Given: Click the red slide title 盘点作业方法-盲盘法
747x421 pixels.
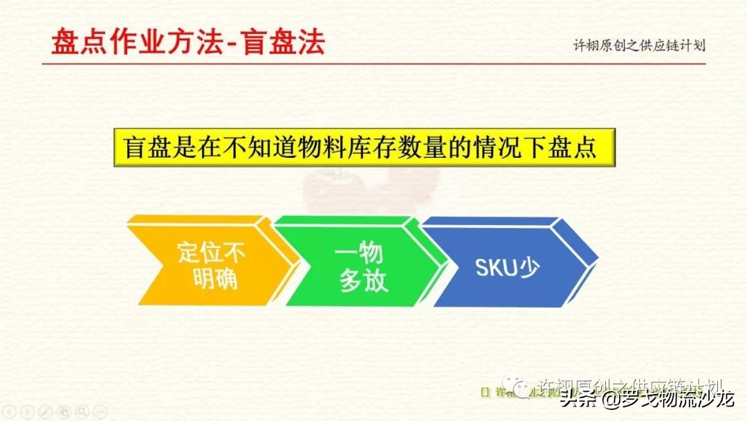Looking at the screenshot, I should pyautogui.click(x=187, y=43).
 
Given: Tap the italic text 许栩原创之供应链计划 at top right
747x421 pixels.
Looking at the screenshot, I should pyautogui.click(x=639, y=46).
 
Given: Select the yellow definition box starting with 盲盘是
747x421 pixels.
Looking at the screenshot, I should pyautogui.click(x=360, y=147).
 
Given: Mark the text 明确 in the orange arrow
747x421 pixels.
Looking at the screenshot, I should pyautogui.click(x=212, y=279).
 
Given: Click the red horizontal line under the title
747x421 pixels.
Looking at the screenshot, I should pyautogui.click(x=373, y=64).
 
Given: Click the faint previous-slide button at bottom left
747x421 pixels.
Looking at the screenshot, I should pyautogui.click(x=10, y=412).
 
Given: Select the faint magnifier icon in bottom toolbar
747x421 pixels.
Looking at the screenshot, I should pyautogui.click(x=82, y=412).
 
